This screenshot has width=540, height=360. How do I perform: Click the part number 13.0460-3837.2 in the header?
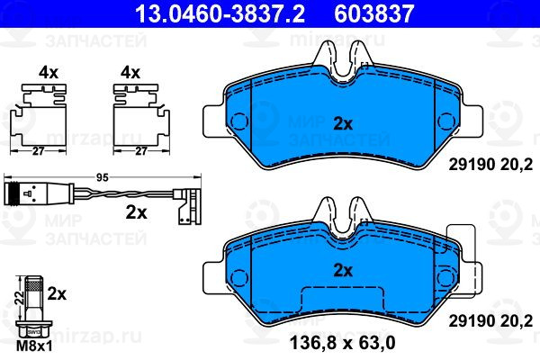pos(220,13)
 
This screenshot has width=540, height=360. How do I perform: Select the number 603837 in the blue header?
pos(373,13)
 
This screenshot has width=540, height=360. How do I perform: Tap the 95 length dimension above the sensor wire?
pos(103,178)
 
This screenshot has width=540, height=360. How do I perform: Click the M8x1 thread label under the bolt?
pos(34,346)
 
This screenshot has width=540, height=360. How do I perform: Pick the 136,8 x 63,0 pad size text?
pos(343,343)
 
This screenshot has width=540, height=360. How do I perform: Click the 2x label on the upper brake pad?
pos(343,124)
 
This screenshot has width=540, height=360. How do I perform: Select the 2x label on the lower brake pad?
pos(343,271)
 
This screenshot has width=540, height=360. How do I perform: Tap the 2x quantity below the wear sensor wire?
pos(136,212)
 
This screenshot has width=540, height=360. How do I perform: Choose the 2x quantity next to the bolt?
pos(57,294)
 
